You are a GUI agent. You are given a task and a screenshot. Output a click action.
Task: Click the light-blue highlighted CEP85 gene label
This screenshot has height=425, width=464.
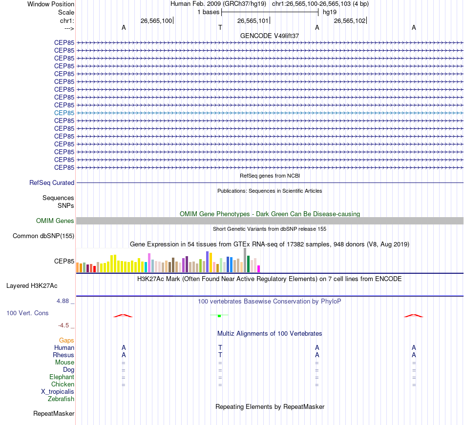(64, 113)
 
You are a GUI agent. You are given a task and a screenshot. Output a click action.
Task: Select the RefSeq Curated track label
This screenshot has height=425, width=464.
(52, 183)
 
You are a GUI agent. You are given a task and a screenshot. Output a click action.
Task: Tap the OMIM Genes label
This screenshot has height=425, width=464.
(55, 221)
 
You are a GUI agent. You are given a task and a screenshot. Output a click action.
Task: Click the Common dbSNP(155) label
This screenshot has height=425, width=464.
(43, 236)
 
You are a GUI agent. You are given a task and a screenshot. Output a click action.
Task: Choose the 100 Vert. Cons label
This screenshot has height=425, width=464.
(27, 313)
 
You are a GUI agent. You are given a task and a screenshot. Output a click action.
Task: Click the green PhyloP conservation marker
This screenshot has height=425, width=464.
(219, 316)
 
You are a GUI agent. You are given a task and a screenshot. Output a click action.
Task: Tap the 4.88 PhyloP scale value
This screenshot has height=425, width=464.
(64, 301)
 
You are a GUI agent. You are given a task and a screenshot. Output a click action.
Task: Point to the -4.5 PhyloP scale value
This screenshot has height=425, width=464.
(65, 325)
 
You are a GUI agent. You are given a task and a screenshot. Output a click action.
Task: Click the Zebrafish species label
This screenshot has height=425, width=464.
(61, 399)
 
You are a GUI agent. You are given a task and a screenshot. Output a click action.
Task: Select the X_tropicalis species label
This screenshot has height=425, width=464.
(58, 392)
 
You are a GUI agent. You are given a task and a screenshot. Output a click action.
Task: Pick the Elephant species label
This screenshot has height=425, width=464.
(62, 377)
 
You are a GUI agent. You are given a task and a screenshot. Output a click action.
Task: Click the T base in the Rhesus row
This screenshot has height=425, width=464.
(220, 355)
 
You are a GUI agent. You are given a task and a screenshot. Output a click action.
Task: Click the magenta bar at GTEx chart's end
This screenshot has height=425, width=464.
(259, 268)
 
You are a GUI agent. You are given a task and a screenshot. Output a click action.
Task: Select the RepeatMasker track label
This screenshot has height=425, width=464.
(54, 414)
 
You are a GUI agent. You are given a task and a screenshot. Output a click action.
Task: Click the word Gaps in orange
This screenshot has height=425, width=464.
(66, 340)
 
